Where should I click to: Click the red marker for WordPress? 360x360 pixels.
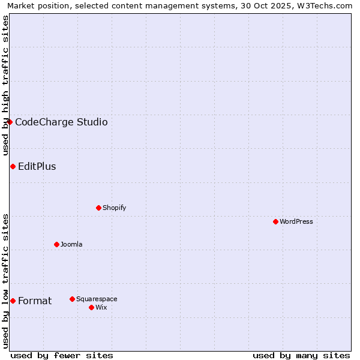tap(275, 221)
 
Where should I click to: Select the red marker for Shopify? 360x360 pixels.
tap(98, 208)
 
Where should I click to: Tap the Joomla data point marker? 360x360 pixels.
tap(56, 244)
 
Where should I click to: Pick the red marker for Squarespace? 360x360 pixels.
tap(72, 299)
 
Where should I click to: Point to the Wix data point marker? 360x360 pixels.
tap(91, 307)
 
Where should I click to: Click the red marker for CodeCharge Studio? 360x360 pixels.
tap(10, 122)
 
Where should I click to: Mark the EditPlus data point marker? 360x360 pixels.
tap(13, 166)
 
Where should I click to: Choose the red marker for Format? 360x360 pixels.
tap(13, 301)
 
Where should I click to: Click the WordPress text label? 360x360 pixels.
tap(296, 221)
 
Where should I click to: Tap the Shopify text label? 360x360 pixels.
tap(114, 208)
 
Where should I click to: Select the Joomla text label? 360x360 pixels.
tap(71, 244)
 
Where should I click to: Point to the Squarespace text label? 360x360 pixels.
tap(97, 299)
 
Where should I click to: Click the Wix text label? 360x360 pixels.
tap(101, 307)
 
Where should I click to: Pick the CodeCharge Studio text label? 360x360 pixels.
tap(61, 122)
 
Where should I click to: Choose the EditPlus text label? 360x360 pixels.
tap(37, 167)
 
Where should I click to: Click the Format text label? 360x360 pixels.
tap(35, 301)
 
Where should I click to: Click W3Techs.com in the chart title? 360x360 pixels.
tap(326, 5)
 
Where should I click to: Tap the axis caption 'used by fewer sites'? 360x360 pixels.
tap(62, 355)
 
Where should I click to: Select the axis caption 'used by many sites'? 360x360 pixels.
tap(301, 355)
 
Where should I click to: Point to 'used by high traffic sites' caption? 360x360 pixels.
tap(5, 85)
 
